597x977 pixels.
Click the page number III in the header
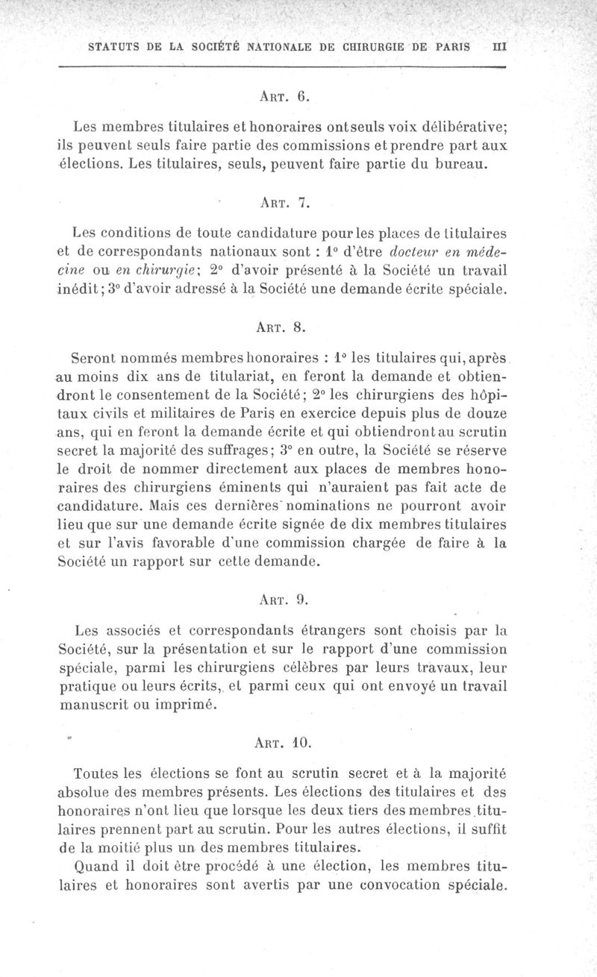pyautogui.click(x=500, y=46)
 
